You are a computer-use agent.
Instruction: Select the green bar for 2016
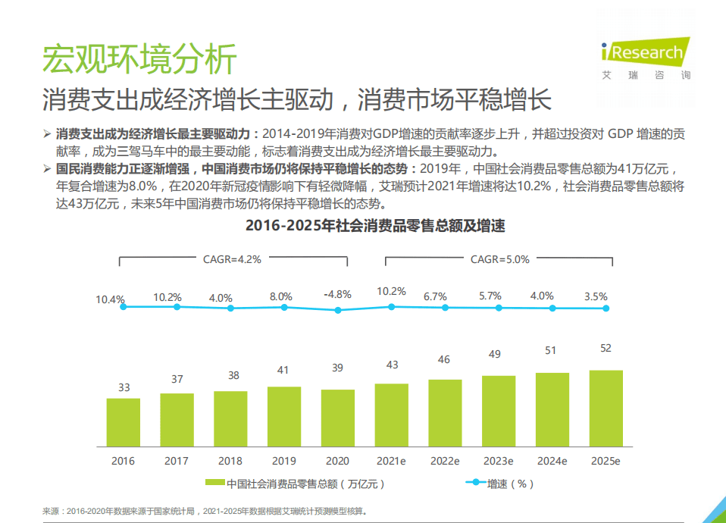[123, 422]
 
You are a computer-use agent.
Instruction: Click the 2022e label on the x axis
[445, 461]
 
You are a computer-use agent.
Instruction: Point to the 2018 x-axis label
[230, 461]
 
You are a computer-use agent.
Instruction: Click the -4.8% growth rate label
[337, 294]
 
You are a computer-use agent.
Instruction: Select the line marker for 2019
[284, 307]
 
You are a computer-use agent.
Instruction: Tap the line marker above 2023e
[499, 308]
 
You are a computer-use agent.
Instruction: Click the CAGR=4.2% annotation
[232, 259]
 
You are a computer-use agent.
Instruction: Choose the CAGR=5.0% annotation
[499, 259]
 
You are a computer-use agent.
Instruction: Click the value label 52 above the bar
[606, 349]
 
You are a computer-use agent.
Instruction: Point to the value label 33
[124, 387]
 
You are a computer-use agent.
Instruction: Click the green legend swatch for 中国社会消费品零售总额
[215, 483]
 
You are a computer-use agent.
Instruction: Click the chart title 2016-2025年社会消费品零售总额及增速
[364, 226]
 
